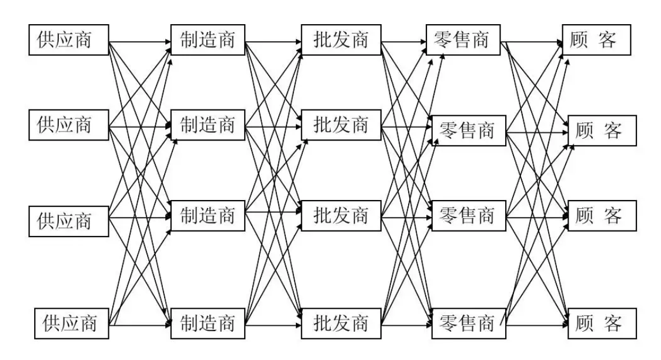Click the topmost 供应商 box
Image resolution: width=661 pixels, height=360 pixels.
(x=69, y=41)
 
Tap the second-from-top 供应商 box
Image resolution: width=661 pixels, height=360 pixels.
(x=69, y=125)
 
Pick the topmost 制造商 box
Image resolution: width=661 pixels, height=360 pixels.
(x=207, y=41)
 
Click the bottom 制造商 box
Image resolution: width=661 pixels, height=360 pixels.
(x=207, y=323)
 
